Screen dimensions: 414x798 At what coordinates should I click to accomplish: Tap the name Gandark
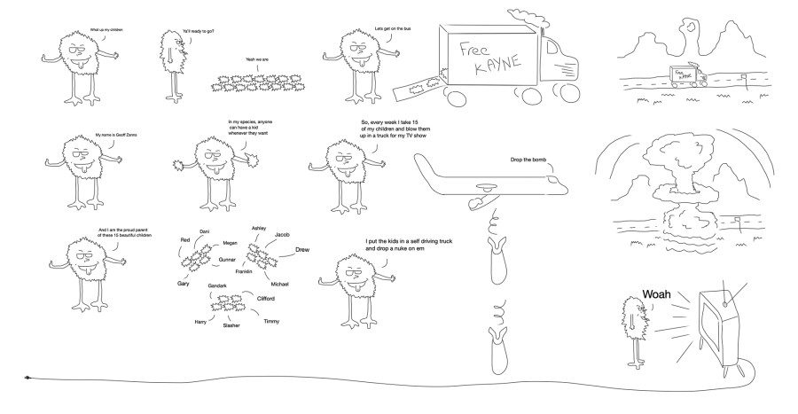tap(217, 285)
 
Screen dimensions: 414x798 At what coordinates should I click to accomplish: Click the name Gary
tap(184, 283)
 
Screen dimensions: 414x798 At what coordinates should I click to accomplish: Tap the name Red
tap(185, 240)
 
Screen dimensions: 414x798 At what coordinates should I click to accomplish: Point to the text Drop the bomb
tap(529, 160)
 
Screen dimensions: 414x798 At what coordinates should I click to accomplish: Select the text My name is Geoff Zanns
tap(113, 136)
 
